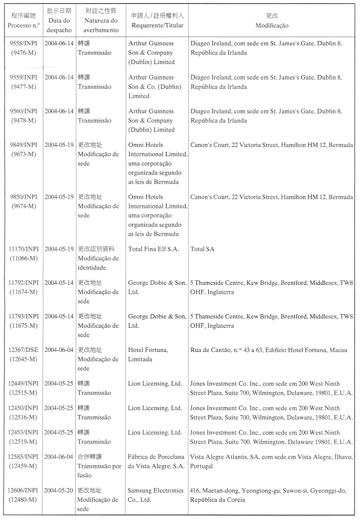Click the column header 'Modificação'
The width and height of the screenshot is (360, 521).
[x=272, y=25]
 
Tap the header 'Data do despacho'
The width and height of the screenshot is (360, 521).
[x=59, y=25]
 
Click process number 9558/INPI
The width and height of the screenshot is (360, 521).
[x=24, y=43]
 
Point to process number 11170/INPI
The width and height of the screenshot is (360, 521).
[x=24, y=249]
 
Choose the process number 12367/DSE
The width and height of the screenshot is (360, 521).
[x=24, y=350]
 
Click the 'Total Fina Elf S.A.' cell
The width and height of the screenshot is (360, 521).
[x=153, y=249]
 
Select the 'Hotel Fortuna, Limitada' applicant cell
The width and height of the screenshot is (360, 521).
[x=148, y=354]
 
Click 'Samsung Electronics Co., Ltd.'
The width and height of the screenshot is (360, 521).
[x=155, y=495]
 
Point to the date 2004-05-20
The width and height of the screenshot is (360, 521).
[x=59, y=490]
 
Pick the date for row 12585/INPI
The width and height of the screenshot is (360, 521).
[x=59, y=457]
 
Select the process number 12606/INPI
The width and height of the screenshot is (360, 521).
[x=24, y=490]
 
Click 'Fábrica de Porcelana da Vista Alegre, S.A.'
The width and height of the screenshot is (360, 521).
[x=156, y=461]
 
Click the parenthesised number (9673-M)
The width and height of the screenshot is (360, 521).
[x=24, y=154]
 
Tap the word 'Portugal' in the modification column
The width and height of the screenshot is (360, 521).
[x=202, y=466]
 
